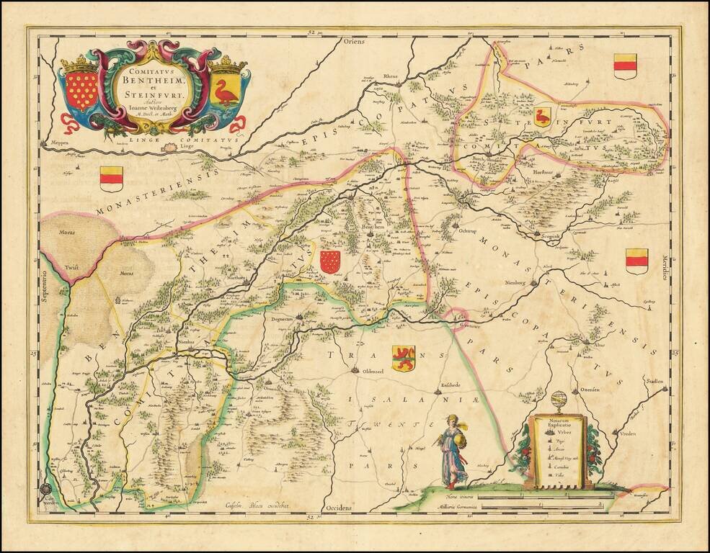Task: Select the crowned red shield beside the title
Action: (x=81, y=89)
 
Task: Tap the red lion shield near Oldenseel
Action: (x=403, y=357)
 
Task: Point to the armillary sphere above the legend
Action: (x=559, y=401)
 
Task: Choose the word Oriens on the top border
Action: (x=354, y=42)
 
